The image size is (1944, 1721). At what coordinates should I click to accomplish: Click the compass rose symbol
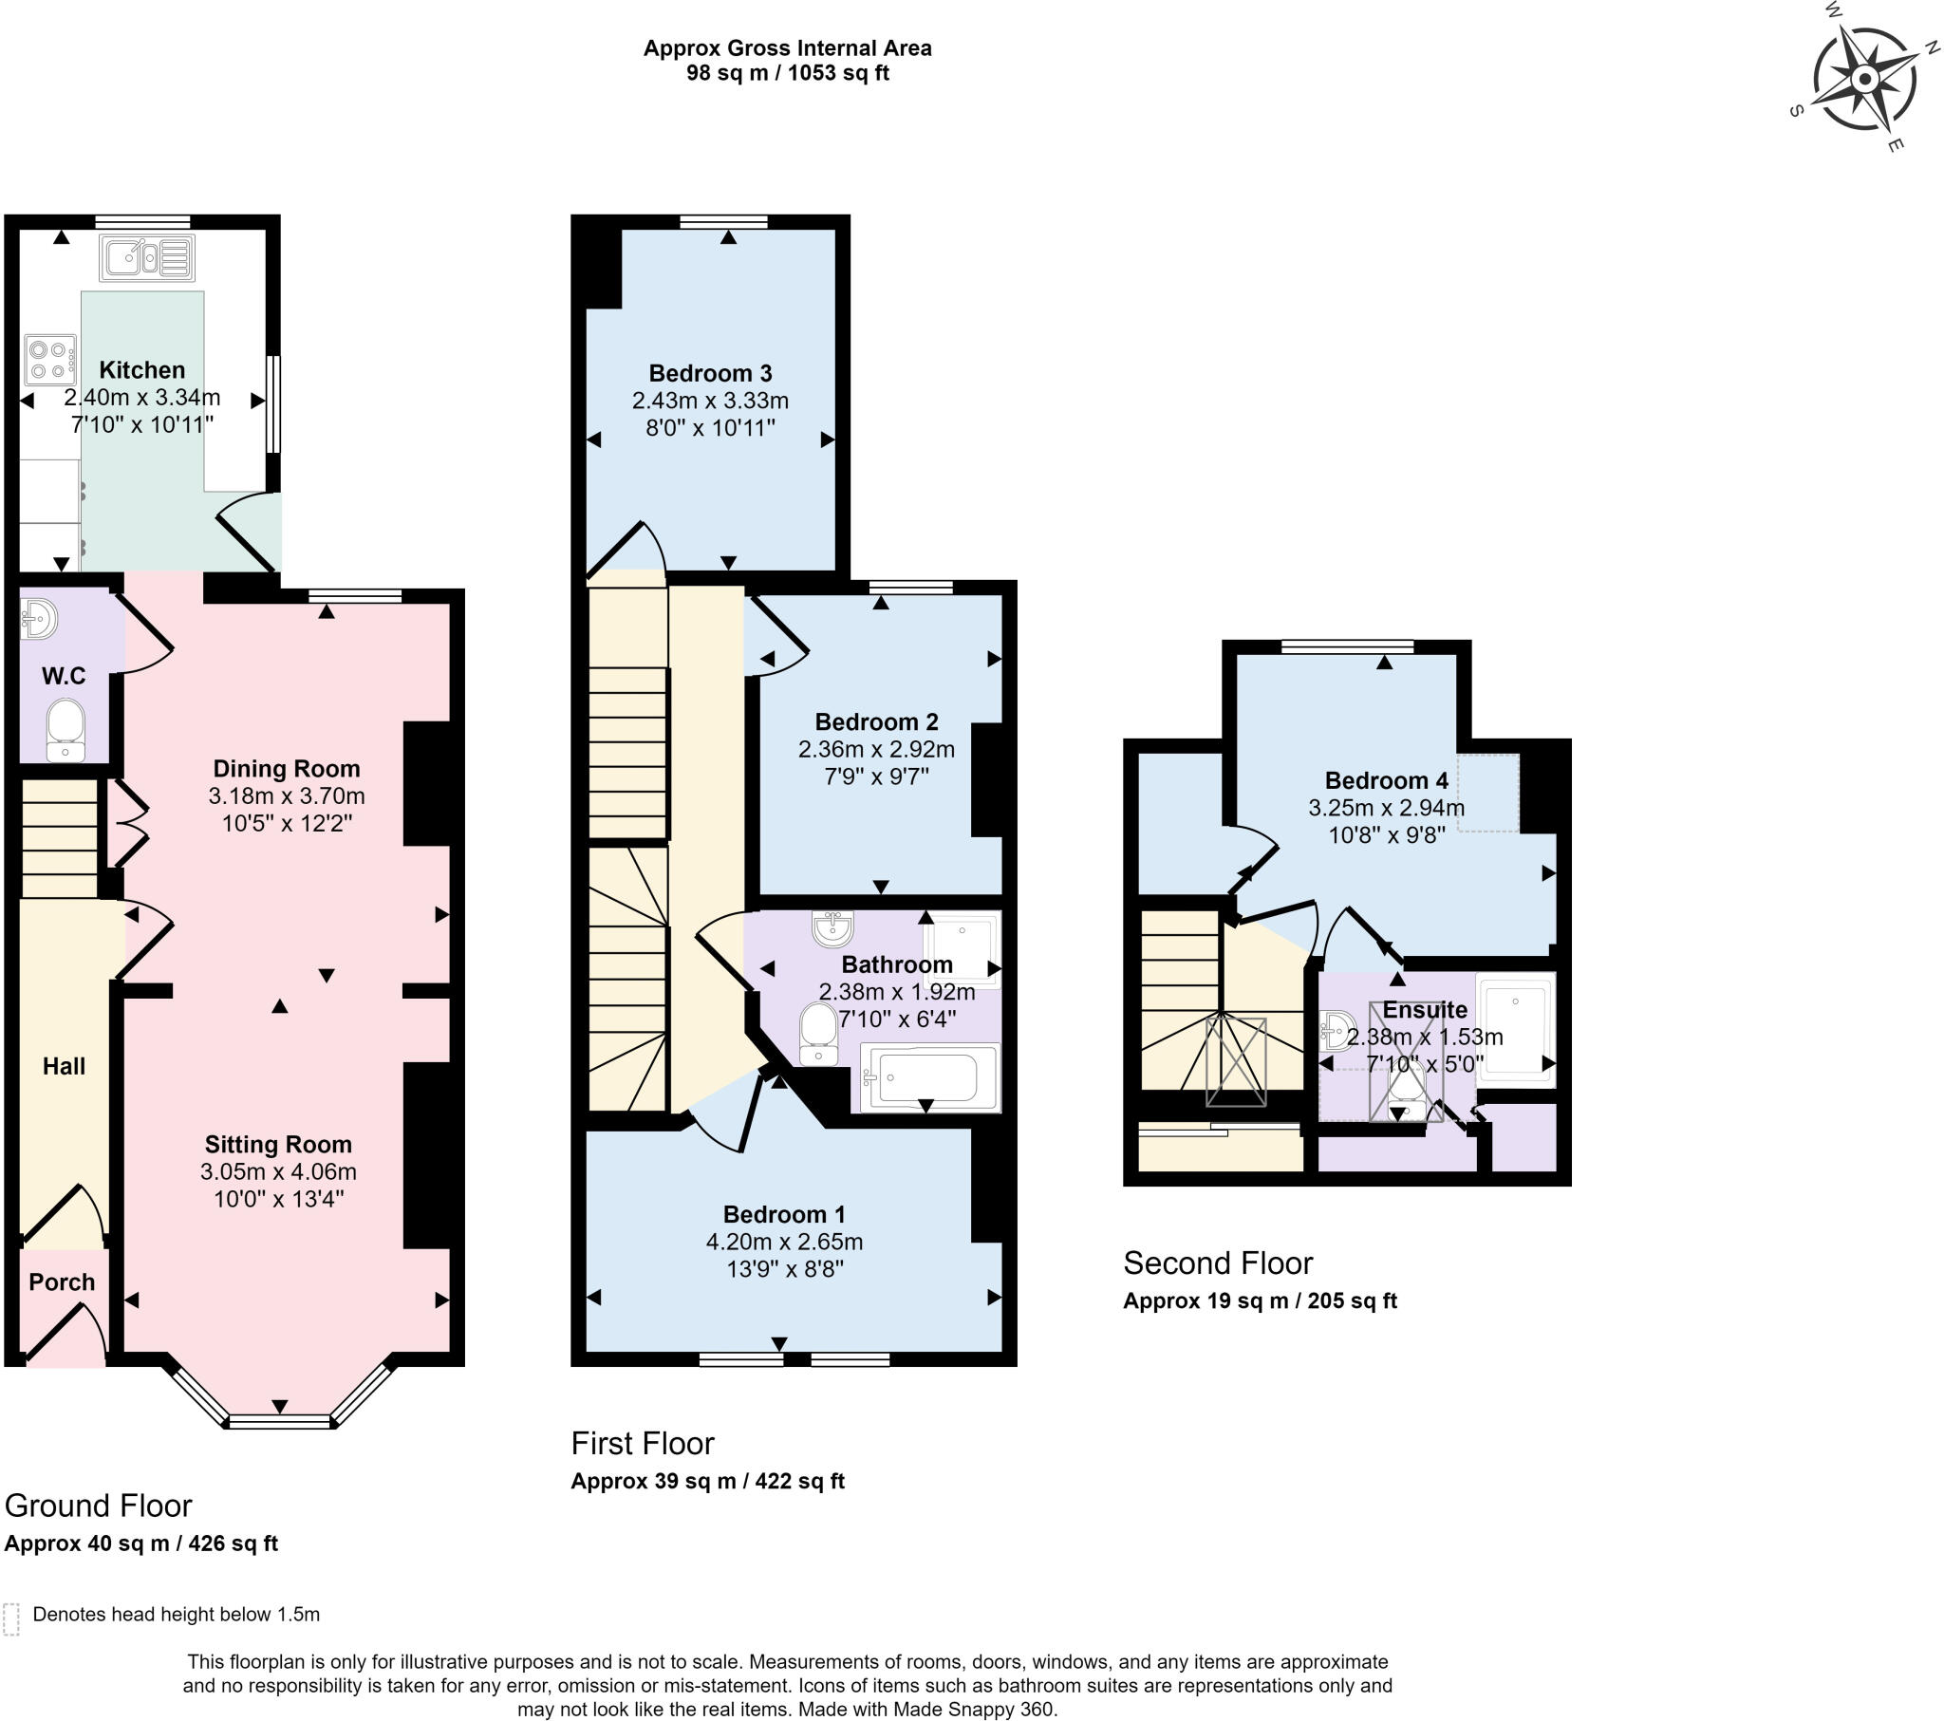(x=1864, y=78)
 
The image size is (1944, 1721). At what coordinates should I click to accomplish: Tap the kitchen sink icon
(x=148, y=257)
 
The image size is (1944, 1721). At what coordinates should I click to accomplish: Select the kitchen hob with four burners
(x=50, y=360)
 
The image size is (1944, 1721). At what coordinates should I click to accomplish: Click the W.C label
(x=64, y=677)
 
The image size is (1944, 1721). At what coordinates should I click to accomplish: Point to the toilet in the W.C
(x=65, y=730)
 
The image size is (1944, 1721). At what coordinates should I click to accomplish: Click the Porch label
(x=62, y=1282)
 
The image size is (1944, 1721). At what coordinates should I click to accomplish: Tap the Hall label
(x=64, y=1066)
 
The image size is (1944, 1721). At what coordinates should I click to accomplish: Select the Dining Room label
(x=287, y=769)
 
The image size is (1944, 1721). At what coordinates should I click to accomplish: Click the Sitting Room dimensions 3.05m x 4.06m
(x=279, y=1172)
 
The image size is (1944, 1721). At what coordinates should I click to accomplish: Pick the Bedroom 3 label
(x=710, y=373)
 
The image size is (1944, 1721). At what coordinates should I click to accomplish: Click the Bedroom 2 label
(x=877, y=722)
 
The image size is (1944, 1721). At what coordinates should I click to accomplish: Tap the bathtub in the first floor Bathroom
(x=930, y=1077)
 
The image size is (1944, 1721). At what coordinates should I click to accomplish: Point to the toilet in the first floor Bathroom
(x=818, y=1034)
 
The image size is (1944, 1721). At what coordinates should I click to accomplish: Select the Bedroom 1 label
(x=785, y=1215)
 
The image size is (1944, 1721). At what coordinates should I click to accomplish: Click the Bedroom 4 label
(x=1387, y=781)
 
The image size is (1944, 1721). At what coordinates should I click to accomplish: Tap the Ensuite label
(x=1425, y=1010)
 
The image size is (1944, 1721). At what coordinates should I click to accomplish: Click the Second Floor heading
(x=1219, y=1263)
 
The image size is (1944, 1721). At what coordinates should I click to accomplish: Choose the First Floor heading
(x=643, y=1443)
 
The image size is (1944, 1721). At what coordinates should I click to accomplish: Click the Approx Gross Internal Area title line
(x=788, y=48)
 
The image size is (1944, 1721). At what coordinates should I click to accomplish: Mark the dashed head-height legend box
(x=11, y=1619)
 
